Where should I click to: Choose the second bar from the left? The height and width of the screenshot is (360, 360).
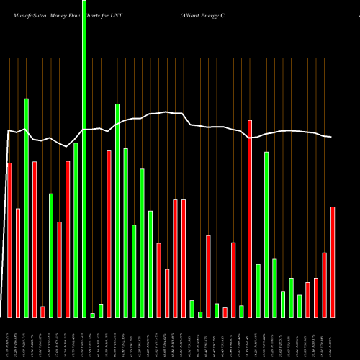coord(18,262)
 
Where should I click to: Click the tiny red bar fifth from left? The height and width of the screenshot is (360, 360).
coord(42,311)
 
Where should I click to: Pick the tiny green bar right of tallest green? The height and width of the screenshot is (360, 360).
coord(92,315)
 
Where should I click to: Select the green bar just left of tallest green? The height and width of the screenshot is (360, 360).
coord(76,230)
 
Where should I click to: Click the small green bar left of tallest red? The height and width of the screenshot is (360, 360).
coord(241,311)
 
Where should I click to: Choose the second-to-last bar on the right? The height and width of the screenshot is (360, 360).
coord(325,284)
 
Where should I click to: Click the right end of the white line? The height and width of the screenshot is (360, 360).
coord(331,137)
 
